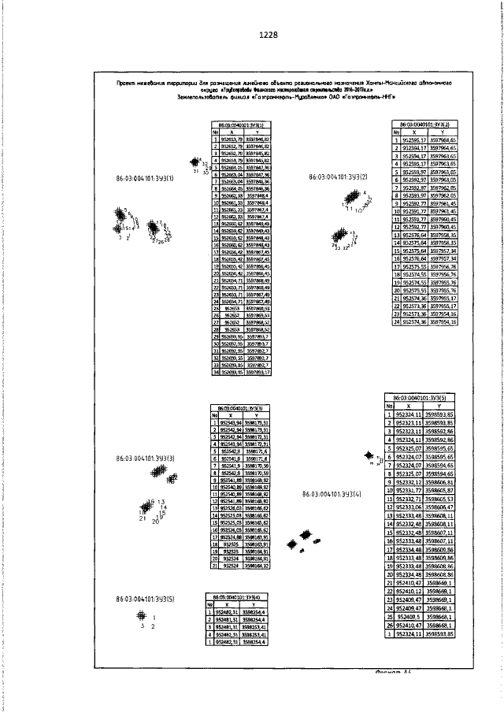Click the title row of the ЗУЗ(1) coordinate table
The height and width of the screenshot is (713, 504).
pyautogui.click(x=241, y=124)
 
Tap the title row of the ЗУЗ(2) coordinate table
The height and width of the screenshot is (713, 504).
pyautogui.click(x=425, y=124)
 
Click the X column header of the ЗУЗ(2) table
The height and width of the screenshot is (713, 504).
pyautogui.click(x=416, y=132)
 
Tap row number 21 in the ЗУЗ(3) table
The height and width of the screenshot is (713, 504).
pyautogui.click(x=214, y=565)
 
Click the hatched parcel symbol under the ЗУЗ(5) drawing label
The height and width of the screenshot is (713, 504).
pyautogui.click(x=141, y=615)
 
